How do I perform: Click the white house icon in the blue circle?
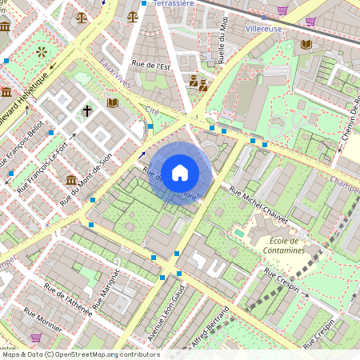tap(180, 173)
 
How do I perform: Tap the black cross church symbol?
tap(86, 111)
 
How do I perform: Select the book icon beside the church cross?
tap(112, 103)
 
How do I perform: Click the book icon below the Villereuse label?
tap(306, 43)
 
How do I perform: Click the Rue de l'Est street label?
tap(153, 66)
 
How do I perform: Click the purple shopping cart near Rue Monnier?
tap(36, 338)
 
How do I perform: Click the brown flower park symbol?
tap(41, 53)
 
